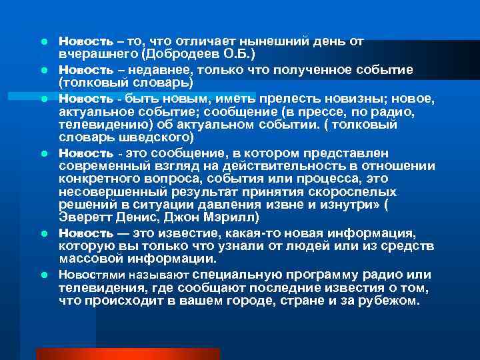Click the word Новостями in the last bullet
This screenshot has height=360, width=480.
(x=86, y=275)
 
